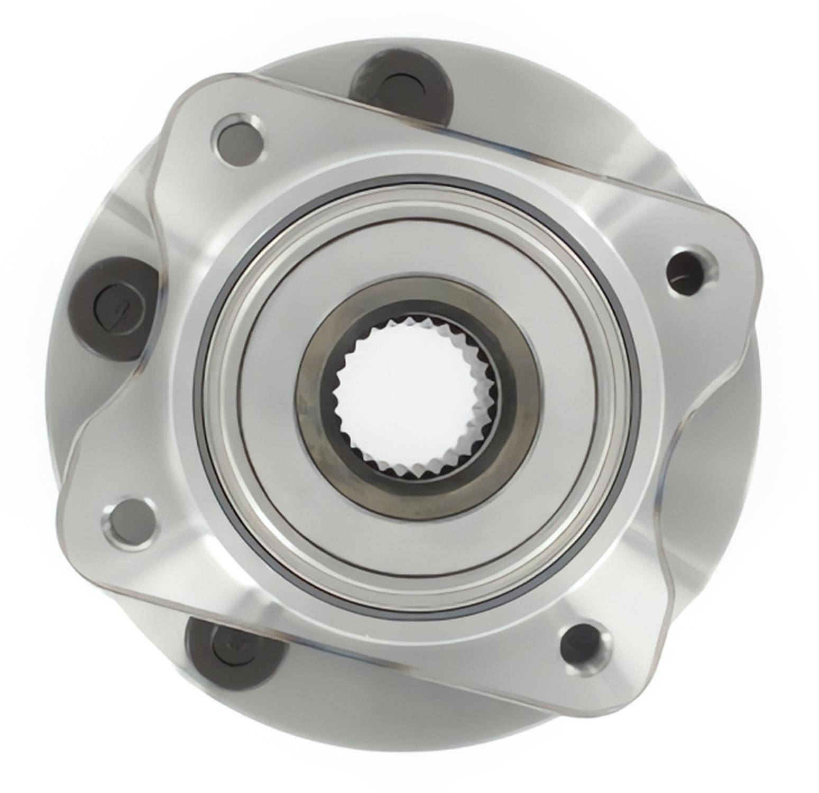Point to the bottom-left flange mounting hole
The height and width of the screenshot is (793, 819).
[129, 521]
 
